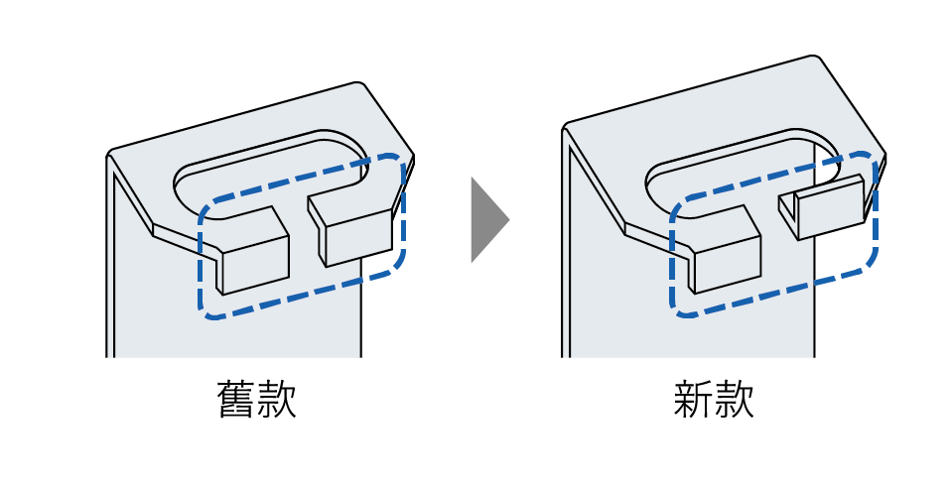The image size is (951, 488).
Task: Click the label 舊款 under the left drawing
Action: click(256, 398)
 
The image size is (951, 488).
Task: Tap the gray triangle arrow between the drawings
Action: click(486, 219)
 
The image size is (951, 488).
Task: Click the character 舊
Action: click(235, 398)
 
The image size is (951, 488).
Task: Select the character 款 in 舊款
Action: click(277, 398)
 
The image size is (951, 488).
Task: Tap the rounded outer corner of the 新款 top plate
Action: click(819, 61)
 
